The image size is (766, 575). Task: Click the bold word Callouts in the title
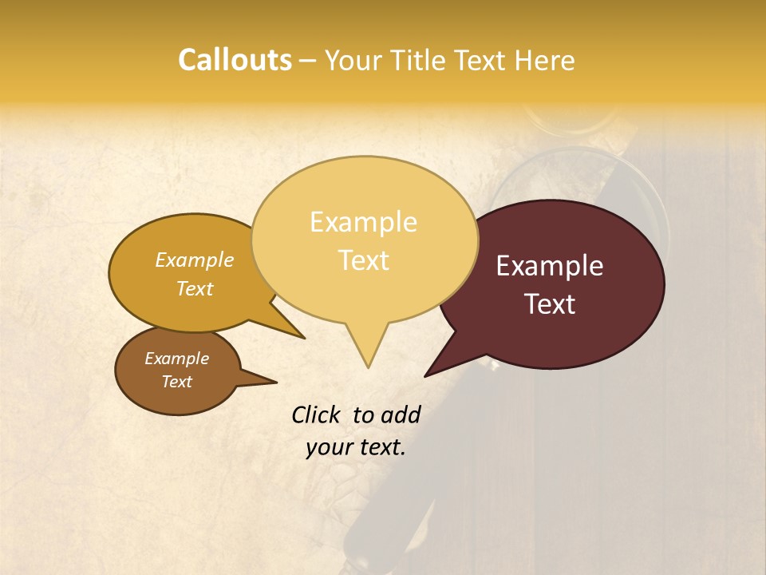[x=235, y=61]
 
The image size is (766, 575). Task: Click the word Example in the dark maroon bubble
[x=549, y=266]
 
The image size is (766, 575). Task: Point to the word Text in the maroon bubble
[x=549, y=304]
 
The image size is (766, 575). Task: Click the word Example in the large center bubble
[x=363, y=222]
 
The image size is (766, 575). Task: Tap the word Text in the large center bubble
[x=363, y=260]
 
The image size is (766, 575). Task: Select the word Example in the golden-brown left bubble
[x=194, y=260]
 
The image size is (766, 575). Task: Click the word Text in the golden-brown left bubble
[x=194, y=289]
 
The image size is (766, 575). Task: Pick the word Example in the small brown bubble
[x=176, y=359]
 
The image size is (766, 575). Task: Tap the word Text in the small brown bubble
[x=176, y=382]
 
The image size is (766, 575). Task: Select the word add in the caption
[x=401, y=414]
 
